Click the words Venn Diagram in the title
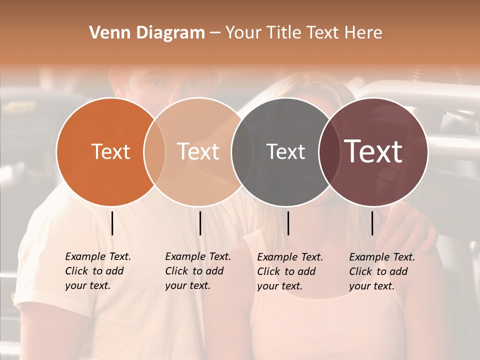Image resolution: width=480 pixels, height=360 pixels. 147,33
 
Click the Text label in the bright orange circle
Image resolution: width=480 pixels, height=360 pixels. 110,151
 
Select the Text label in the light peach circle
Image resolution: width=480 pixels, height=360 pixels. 198,151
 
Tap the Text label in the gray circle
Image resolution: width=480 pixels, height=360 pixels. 285,151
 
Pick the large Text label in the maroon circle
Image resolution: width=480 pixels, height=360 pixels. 373,151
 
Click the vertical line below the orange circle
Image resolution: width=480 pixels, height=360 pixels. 112,223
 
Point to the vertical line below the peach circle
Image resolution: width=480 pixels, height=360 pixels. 200,223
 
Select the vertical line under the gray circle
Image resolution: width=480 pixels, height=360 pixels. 288,223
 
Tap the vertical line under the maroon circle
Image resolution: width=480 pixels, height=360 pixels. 372,223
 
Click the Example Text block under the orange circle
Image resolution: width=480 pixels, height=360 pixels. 97,271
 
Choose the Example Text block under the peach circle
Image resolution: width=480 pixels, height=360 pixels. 197,271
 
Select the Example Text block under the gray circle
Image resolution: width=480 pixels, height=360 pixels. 290,271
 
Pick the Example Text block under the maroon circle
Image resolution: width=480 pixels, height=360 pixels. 381,271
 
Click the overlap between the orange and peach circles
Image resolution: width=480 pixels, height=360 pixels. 154,151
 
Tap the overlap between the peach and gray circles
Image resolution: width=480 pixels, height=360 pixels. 242,151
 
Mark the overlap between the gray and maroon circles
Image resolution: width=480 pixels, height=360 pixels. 328,151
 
